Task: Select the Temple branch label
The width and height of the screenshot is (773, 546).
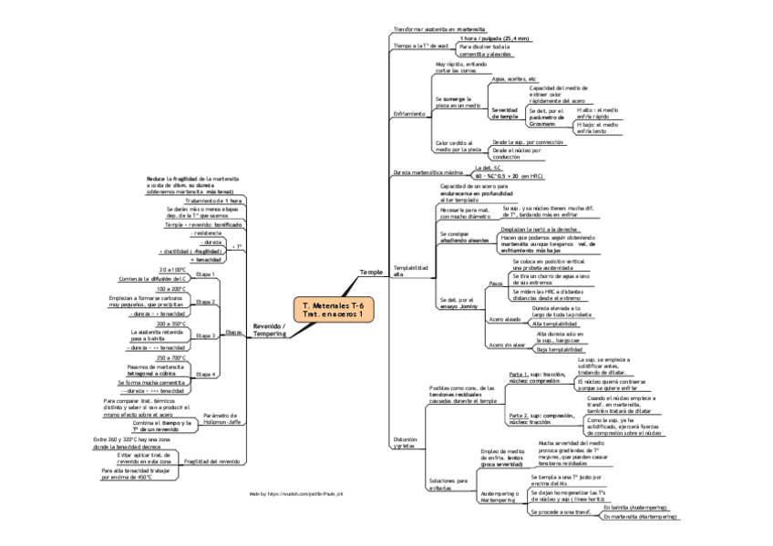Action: coord(371,273)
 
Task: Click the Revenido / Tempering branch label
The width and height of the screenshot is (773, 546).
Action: coord(270,329)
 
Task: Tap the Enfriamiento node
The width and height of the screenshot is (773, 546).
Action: coord(409,114)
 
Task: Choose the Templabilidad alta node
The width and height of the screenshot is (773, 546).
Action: coord(409,270)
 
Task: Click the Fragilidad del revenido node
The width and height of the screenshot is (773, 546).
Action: coord(211,461)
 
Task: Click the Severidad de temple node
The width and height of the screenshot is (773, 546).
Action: coord(504,113)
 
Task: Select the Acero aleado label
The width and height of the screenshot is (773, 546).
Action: coord(505,319)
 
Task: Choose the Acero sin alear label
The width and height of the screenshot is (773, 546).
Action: coord(507,345)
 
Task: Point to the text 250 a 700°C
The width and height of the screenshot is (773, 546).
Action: coord(172,358)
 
